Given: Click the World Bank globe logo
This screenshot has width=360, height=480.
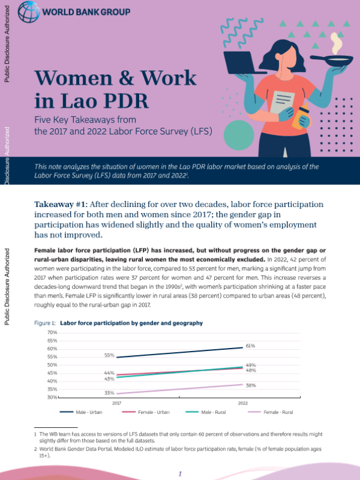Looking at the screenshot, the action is pos(29,11).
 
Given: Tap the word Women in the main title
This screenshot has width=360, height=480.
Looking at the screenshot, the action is pos(74,78).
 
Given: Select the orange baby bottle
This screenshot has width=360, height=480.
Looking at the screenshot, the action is pos(301,116).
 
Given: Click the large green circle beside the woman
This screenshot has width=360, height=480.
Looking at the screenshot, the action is pos(239,135).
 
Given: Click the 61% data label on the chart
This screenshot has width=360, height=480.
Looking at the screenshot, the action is pos(250,346).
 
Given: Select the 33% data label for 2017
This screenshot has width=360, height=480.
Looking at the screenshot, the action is pos(109,393).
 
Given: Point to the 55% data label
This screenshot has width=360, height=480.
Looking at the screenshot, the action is pos(109,355).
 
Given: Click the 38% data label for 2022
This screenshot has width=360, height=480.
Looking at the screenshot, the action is pos(251,385).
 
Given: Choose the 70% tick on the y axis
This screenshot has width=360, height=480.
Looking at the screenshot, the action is pos(52,332).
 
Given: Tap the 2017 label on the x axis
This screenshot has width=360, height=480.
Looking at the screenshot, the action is pos(116,403).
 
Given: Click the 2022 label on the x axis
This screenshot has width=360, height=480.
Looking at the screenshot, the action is pos(243,403).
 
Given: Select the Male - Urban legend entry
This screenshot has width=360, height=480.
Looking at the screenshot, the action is pos(81,412).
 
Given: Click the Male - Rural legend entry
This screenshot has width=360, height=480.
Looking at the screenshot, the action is pos(205,412).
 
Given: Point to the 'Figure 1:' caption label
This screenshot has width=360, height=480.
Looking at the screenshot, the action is pos(44,323).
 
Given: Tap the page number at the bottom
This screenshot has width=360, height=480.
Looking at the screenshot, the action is pos(180,473).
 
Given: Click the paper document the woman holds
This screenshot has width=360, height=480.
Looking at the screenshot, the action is pos(281,102).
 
